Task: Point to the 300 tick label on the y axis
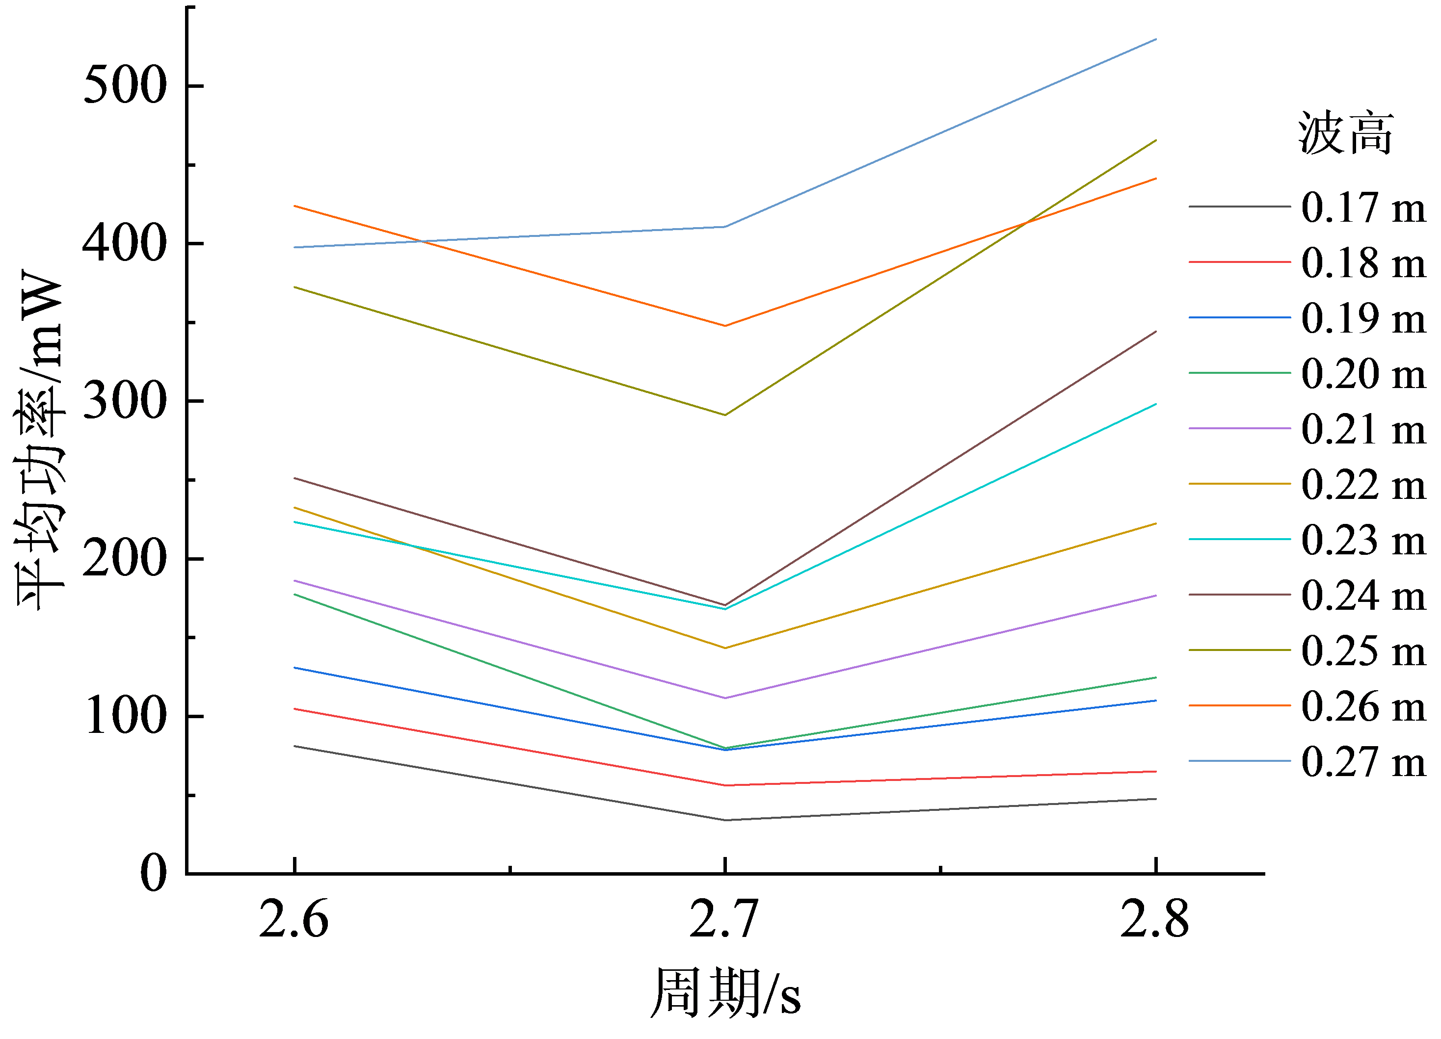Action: click(125, 401)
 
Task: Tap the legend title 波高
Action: click(1346, 133)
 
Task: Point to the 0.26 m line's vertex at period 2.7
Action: click(725, 326)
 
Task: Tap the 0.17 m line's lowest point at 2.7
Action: click(725, 820)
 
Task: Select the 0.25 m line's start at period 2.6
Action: click(295, 287)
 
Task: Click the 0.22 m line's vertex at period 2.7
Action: click(725, 648)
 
